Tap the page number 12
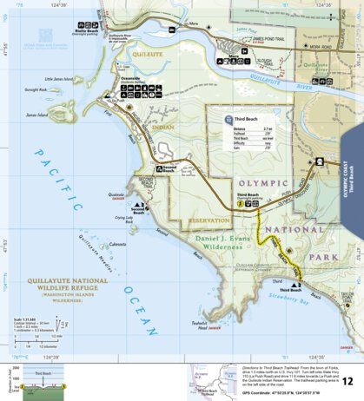coord(347,381)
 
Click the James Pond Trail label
coord(270,39)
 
